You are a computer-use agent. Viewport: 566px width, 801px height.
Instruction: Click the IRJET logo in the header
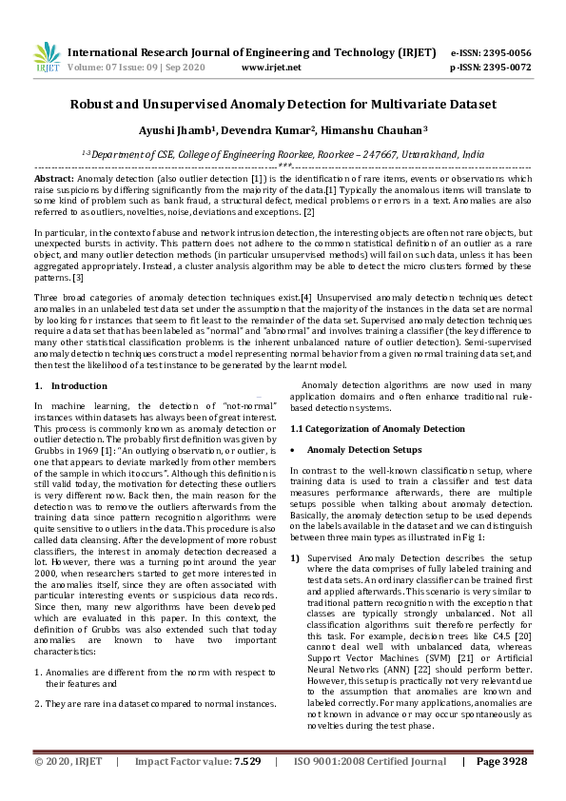coord(46,58)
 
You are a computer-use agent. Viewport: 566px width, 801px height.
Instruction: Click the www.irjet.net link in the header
coord(271,68)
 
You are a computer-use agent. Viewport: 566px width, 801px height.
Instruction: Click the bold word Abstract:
coord(53,178)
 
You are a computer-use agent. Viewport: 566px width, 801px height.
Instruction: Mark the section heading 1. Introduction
coord(70,385)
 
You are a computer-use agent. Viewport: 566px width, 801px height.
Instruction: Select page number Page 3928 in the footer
coord(503,788)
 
